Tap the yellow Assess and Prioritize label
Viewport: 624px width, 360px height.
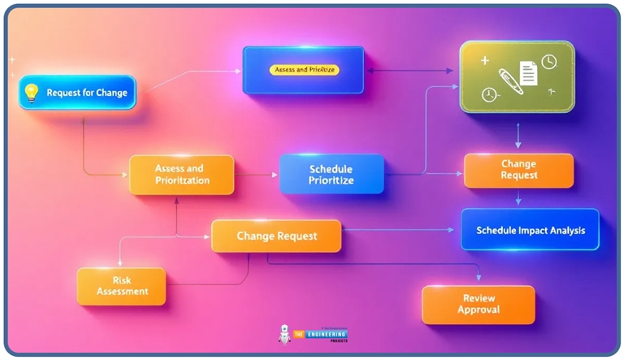click(303, 70)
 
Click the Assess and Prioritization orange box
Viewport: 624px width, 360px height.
click(181, 174)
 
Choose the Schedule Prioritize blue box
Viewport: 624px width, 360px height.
click(331, 174)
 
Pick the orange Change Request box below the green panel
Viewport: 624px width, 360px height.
click(518, 170)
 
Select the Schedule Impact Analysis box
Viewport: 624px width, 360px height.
click(530, 230)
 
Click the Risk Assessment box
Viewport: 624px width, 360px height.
click(122, 285)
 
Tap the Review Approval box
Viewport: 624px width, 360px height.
click(478, 304)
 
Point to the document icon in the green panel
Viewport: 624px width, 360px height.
click(529, 73)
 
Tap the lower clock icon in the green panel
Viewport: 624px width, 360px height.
click(488, 94)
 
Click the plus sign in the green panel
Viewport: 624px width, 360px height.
click(484, 60)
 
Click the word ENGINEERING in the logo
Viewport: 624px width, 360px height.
click(323, 333)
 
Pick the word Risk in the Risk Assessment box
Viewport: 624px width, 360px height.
click(122, 278)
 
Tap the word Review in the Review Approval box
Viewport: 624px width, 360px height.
click(478, 297)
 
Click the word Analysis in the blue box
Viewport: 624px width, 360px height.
click(565, 231)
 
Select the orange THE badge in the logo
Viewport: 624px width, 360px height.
click(299, 333)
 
